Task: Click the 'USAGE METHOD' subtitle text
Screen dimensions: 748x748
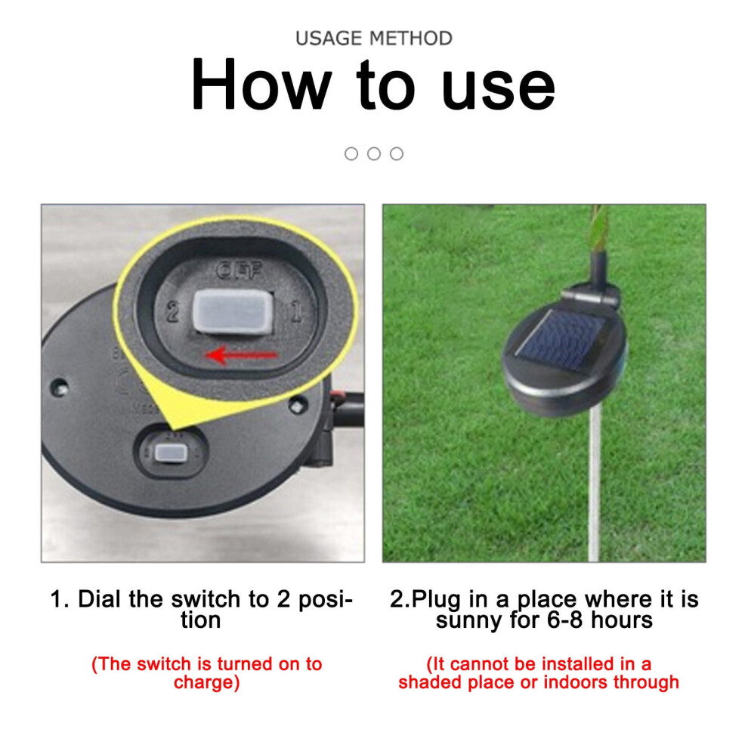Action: pos(373,39)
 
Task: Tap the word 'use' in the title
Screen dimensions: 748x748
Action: pos(499,88)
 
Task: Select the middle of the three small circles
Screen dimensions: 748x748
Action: pos(374,153)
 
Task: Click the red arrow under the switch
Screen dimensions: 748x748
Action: pos(241,355)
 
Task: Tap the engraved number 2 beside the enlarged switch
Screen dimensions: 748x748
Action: pos(173,313)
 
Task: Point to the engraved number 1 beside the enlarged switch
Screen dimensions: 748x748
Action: pos(296,311)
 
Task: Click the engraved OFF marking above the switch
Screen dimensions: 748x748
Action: pos(239,270)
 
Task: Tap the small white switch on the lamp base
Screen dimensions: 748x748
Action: pos(170,453)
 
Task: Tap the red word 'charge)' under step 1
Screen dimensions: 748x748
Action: pos(206,682)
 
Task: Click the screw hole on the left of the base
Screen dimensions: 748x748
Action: pos(60,385)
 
